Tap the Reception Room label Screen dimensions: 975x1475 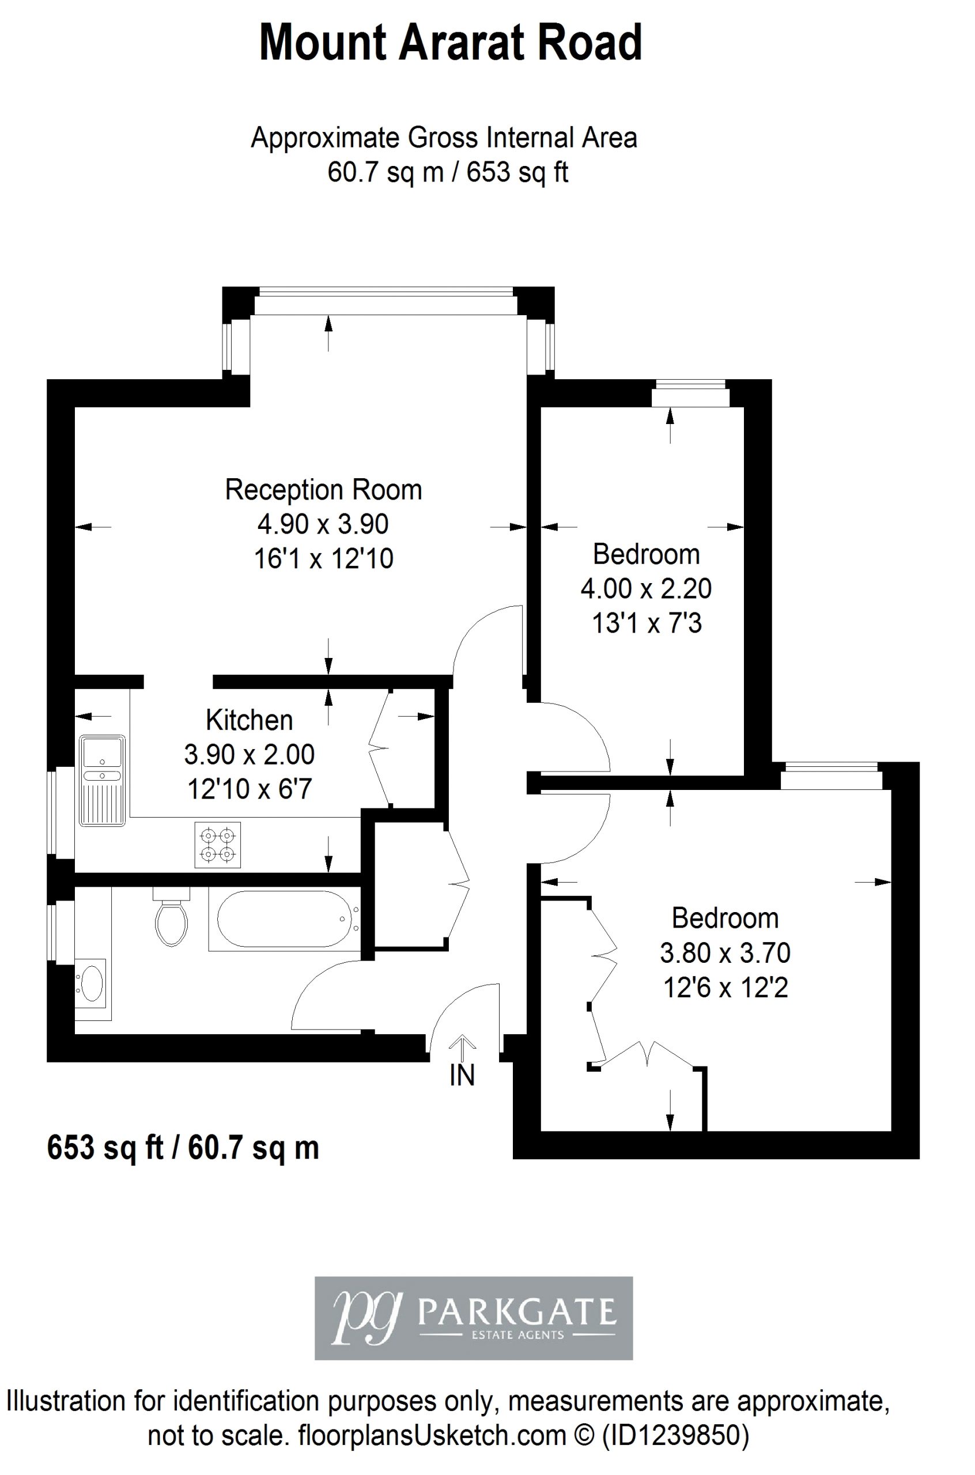[x=323, y=490]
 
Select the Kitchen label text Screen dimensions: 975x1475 [x=250, y=720]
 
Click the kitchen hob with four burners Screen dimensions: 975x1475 [x=218, y=845]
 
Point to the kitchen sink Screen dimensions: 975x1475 [x=103, y=781]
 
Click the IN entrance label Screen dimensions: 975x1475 [x=462, y=1076]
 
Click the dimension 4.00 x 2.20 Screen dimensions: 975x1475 [x=646, y=588]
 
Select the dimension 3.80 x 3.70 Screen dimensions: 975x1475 [x=725, y=952]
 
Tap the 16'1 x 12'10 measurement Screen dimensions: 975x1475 [x=323, y=559]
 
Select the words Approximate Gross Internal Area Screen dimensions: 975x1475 [x=444, y=138]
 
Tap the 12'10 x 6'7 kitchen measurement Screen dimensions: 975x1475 [x=250, y=789]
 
